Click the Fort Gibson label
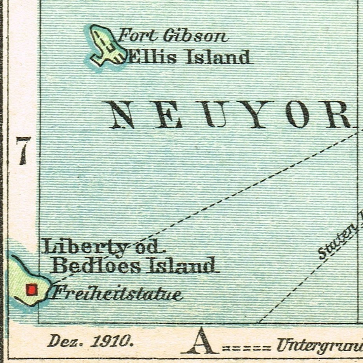(x=172, y=36)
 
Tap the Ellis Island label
(x=189, y=58)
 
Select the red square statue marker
(x=31, y=290)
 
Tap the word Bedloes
(x=97, y=266)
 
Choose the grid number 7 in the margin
(x=23, y=150)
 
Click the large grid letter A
(x=201, y=341)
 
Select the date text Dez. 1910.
(x=91, y=342)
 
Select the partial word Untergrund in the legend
(x=319, y=345)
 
